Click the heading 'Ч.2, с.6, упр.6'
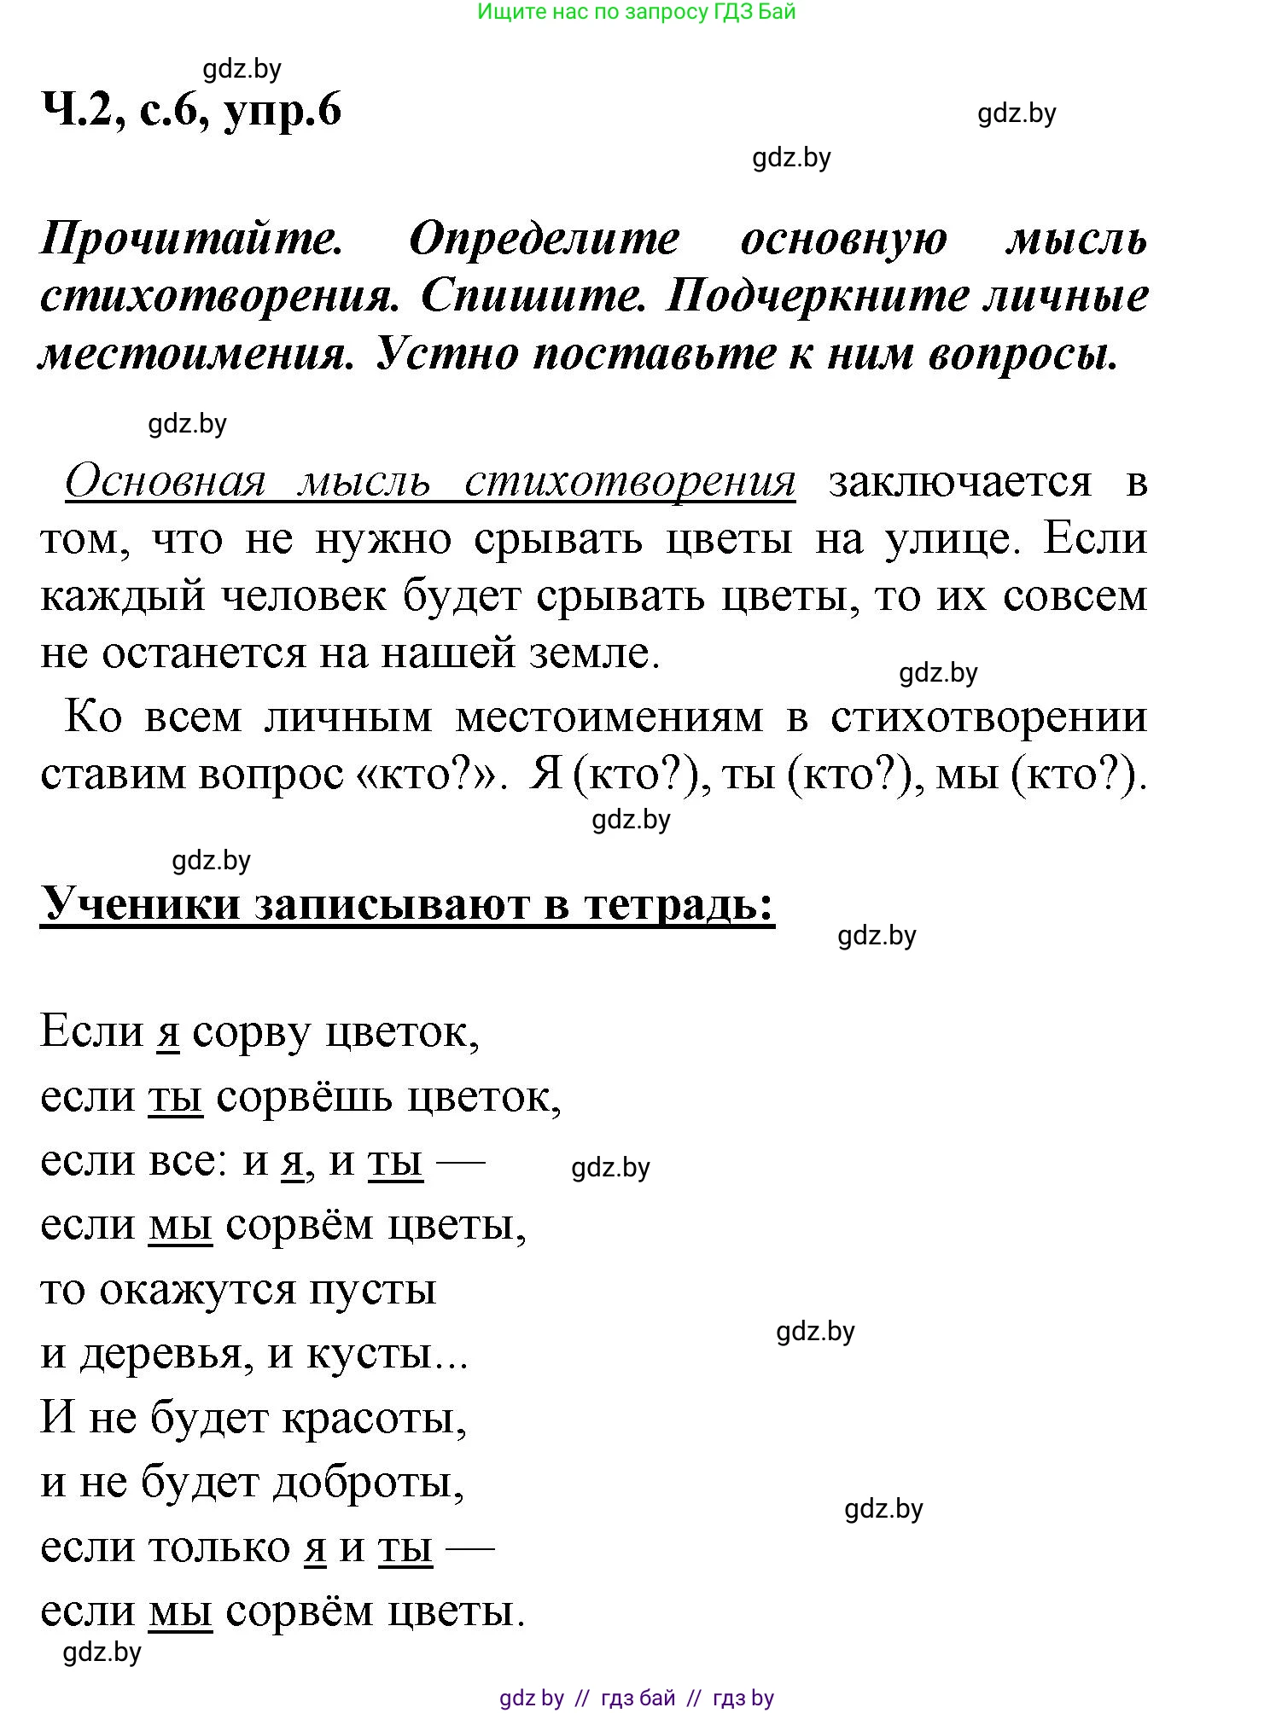point(191,111)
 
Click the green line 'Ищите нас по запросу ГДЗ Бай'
point(636,12)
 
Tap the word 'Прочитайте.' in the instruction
point(192,239)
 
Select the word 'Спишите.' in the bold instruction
point(533,297)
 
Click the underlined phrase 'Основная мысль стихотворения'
point(430,482)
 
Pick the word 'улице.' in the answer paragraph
point(953,539)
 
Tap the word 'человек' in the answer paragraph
point(304,595)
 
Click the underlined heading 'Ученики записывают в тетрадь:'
point(407,904)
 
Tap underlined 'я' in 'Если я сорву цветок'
point(168,1033)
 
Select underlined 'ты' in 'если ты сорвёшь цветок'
point(175,1097)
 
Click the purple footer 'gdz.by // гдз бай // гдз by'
point(636,1698)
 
